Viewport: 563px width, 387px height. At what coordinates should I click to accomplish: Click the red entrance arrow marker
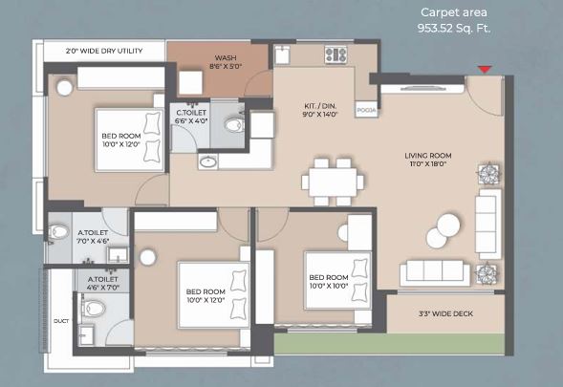click(485, 69)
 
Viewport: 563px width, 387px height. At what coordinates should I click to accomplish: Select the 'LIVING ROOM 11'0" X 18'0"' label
click(427, 159)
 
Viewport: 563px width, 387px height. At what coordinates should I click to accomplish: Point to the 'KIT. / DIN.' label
click(316, 109)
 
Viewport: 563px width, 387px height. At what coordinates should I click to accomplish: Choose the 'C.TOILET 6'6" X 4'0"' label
click(192, 118)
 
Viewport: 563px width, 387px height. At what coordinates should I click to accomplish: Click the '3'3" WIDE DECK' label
click(444, 313)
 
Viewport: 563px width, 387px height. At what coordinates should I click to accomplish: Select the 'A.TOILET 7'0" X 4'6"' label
click(92, 235)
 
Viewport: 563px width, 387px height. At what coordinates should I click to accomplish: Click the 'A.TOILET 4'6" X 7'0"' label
click(103, 283)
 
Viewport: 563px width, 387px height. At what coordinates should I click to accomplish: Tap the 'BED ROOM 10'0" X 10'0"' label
click(328, 282)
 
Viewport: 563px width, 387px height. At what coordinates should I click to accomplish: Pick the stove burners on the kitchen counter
click(336, 54)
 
